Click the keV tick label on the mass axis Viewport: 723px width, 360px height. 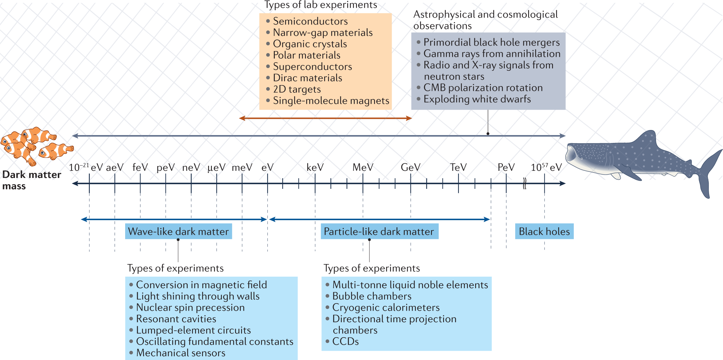(x=315, y=167)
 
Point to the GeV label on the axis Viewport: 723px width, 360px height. (x=410, y=167)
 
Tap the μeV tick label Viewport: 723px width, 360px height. (x=216, y=167)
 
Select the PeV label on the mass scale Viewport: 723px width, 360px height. (x=506, y=167)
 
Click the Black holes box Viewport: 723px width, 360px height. (x=544, y=231)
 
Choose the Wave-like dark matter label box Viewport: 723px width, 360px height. (x=178, y=231)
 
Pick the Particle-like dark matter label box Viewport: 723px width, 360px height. (x=379, y=231)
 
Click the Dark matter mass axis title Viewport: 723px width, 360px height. (x=31, y=180)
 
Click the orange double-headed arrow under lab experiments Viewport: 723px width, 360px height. (x=325, y=118)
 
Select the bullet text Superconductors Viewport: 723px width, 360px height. (x=312, y=67)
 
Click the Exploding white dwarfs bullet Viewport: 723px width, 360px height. (x=477, y=99)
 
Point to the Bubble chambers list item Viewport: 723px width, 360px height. (x=372, y=296)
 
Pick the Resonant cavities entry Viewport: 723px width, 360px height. (x=176, y=319)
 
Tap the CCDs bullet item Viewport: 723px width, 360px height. (x=345, y=341)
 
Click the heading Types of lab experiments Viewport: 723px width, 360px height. (x=321, y=5)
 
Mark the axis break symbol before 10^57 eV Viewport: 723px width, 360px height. (x=524, y=184)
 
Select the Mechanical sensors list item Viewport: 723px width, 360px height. (x=181, y=353)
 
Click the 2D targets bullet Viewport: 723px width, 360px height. (x=297, y=89)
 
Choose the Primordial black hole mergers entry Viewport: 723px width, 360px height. (x=491, y=42)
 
